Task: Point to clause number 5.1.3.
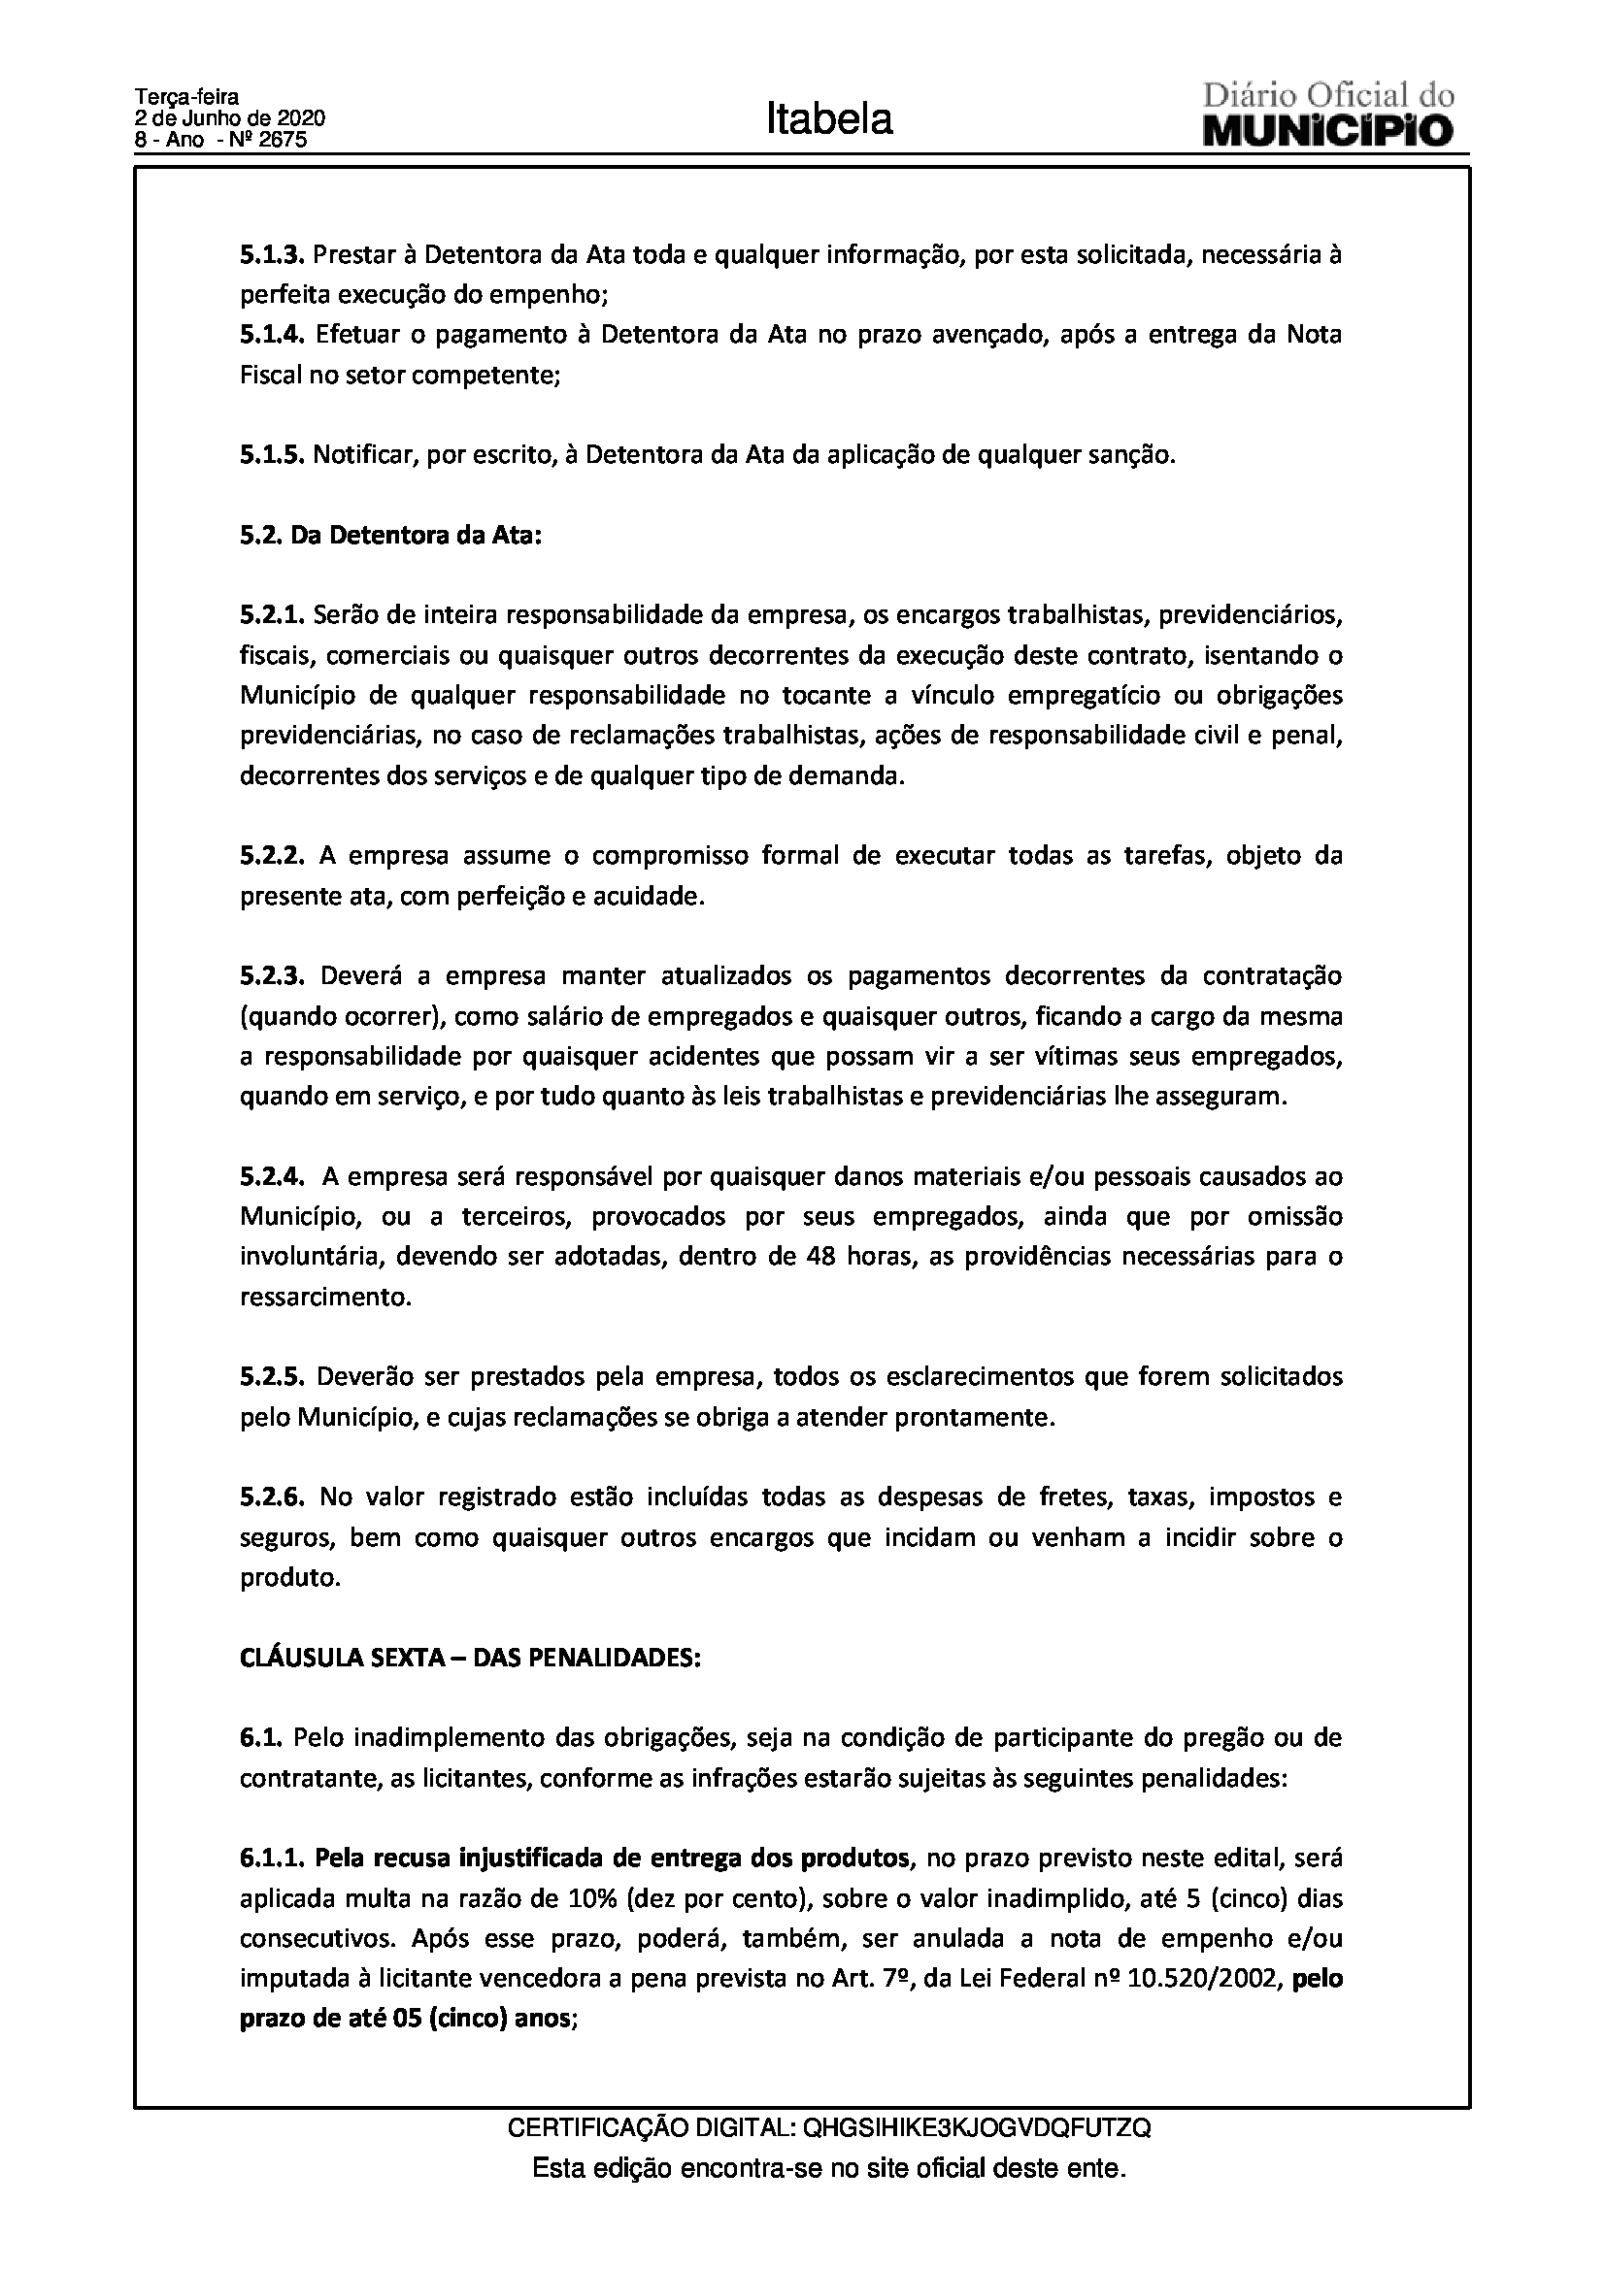273,254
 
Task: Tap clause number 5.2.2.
275,856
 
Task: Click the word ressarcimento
324,1298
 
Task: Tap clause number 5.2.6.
275,1497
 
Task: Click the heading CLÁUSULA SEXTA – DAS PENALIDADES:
470,1658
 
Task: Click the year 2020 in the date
301,118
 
